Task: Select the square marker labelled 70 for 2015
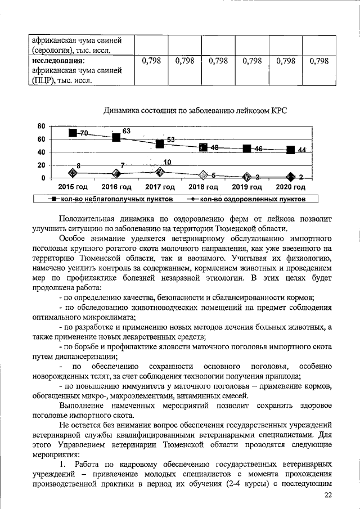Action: [x=73, y=133]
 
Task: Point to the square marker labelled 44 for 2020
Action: [x=291, y=150]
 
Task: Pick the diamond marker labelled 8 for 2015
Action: [x=73, y=173]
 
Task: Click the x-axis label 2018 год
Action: [x=204, y=187]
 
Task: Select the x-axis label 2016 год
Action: [x=116, y=187]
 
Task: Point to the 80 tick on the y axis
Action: [x=41, y=125]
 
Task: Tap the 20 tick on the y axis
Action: [x=41, y=165]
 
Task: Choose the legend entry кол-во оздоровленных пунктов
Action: [x=245, y=199]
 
